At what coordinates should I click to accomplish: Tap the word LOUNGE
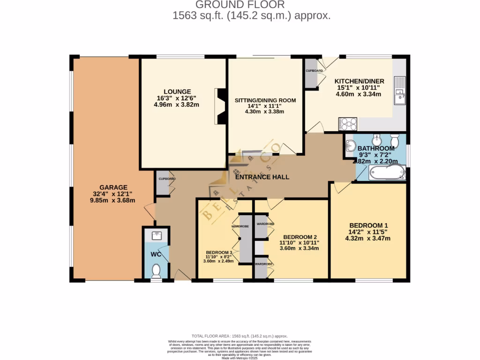(x=177, y=91)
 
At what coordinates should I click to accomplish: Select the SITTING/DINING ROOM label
(x=265, y=100)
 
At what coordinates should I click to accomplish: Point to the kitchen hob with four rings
(x=347, y=124)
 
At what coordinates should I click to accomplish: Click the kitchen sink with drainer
(x=399, y=91)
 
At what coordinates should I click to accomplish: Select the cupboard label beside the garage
(x=166, y=179)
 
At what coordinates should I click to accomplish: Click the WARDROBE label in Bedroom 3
(x=240, y=226)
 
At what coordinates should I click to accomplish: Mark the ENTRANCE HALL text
(x=262, y=177)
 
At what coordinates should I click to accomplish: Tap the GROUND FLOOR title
(x=240, y=5)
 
